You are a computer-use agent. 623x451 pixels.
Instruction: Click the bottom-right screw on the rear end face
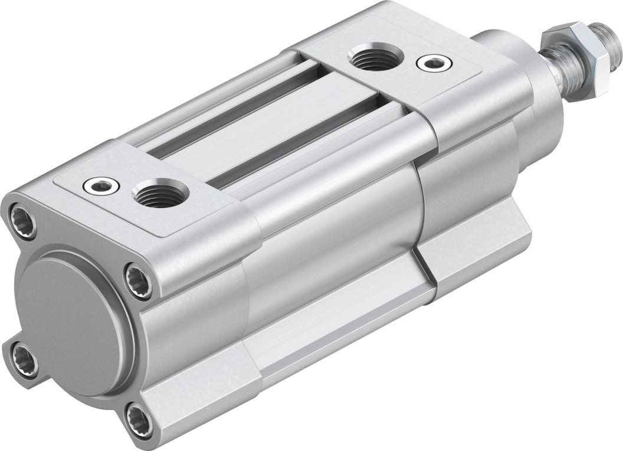139,415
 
